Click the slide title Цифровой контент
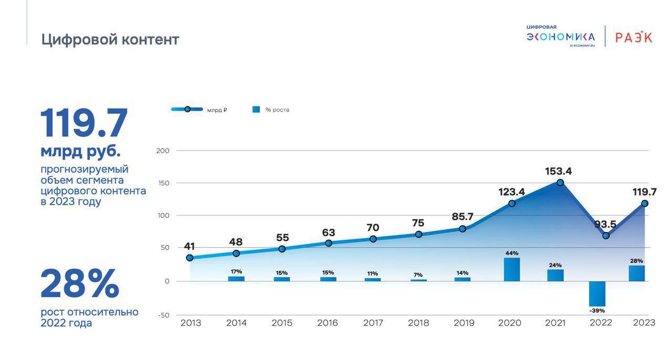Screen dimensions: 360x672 [110, 40]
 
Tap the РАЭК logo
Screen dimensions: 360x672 [634, 37]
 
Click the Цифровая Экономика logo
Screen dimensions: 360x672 [561, 36]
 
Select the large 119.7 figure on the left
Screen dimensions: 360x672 [84, 124]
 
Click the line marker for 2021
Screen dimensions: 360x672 [560, 183]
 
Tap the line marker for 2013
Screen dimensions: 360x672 [190, 258]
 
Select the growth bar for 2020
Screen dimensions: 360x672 [512, 269]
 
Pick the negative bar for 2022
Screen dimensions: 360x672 [597, 294]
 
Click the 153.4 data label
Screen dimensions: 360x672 [558, 171]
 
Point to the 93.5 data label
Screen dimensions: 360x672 [605, 225]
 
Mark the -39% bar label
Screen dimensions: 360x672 [597, 311]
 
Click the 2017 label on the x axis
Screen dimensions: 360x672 [373, 323]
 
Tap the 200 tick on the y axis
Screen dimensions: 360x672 [163, 151]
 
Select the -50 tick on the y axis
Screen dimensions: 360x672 [163, 315]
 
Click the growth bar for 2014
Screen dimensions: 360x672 [236, 279]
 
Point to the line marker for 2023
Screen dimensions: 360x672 [645, 204]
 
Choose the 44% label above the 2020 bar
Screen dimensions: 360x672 [512, 253]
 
